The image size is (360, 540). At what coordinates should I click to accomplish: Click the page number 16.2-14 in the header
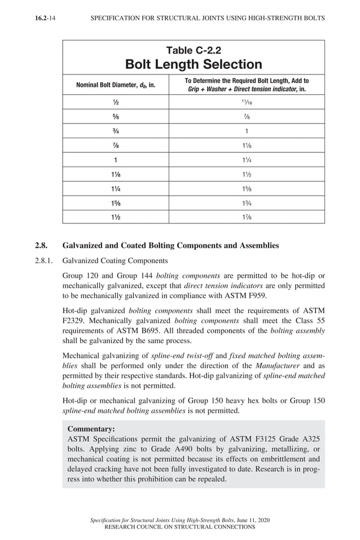[x=48, y=18]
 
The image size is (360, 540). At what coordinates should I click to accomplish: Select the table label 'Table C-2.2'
[x=194, y=51]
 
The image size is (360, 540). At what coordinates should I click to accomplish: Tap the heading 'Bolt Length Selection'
[x=194, y=64]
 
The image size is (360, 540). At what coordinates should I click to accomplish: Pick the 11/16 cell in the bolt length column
[x=247, y=102]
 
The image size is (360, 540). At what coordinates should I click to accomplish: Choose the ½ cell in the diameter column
[x=116, y=102]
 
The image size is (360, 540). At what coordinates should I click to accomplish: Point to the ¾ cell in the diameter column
[x=116, y=131]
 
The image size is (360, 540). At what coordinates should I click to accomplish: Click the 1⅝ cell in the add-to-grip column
[x=247, y=188]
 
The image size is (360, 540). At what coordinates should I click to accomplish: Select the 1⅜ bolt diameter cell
[x=116, y=203]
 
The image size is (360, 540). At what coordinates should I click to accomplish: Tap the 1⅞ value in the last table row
[x=247, y=217]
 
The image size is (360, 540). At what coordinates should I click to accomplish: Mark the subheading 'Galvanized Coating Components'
[x=115, y=261]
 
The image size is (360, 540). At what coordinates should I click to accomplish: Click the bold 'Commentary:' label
[x=91, y=428]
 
